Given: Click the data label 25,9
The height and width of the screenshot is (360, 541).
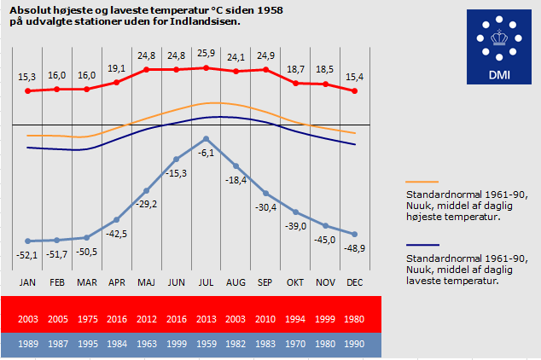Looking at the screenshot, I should pyautogui.click(x=206, y=55).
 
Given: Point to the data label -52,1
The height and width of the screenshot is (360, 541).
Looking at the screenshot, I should pyautogui.click(x=27, y=255).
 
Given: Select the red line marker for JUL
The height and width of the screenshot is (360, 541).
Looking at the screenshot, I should pyautogui.click(x=206, y=67).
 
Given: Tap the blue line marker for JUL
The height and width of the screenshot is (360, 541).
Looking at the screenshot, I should pyautogui.click(x=206, y=138).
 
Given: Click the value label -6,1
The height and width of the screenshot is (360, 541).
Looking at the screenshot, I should pyautogui.click(x=206, y=153).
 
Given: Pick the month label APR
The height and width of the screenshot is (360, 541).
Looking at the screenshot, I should pyautogui.click(x=116, y=282).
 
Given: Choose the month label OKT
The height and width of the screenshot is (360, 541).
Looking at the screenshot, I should pyautogui.click(x=295, y=282).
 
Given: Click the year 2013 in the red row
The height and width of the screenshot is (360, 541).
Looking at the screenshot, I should pyautogui.click(x=206, y=319).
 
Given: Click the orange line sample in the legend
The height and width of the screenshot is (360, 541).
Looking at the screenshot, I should pyautogui.click(x=422, y=182).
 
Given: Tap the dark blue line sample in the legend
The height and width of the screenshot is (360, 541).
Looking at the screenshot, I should pyautogui.click(x=422, y=245).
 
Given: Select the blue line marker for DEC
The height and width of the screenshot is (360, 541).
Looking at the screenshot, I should pyautogui.click(x=354, y=234).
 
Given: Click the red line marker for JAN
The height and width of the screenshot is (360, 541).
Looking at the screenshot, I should pyautogui.click(x=27, y=90).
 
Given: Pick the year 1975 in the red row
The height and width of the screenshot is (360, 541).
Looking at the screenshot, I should pyautogui.click(x=87, y=319).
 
